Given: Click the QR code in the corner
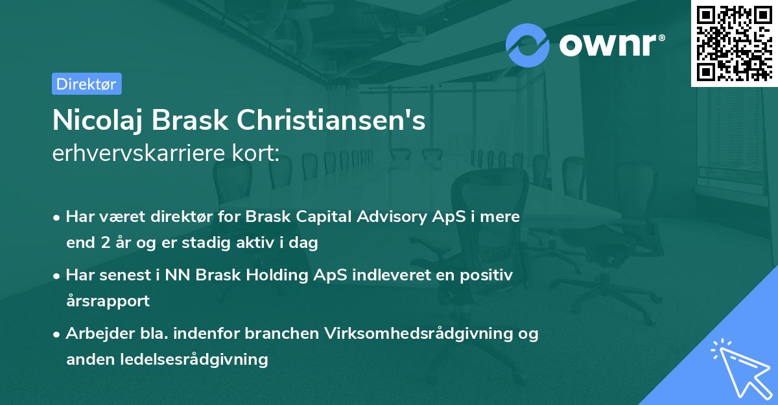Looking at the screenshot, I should click(x=735, y=42).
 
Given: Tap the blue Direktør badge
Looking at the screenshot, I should click(x=86, y=84).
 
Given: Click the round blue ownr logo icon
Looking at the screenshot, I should click(x=528, y=44).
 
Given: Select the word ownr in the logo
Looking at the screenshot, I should click(x=610, y=44).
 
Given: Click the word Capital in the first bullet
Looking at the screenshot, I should click(x=318, y=217).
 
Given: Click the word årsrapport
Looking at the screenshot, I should click(x=108, y=301).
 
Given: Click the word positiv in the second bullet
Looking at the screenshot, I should click(x=488, y=275).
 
